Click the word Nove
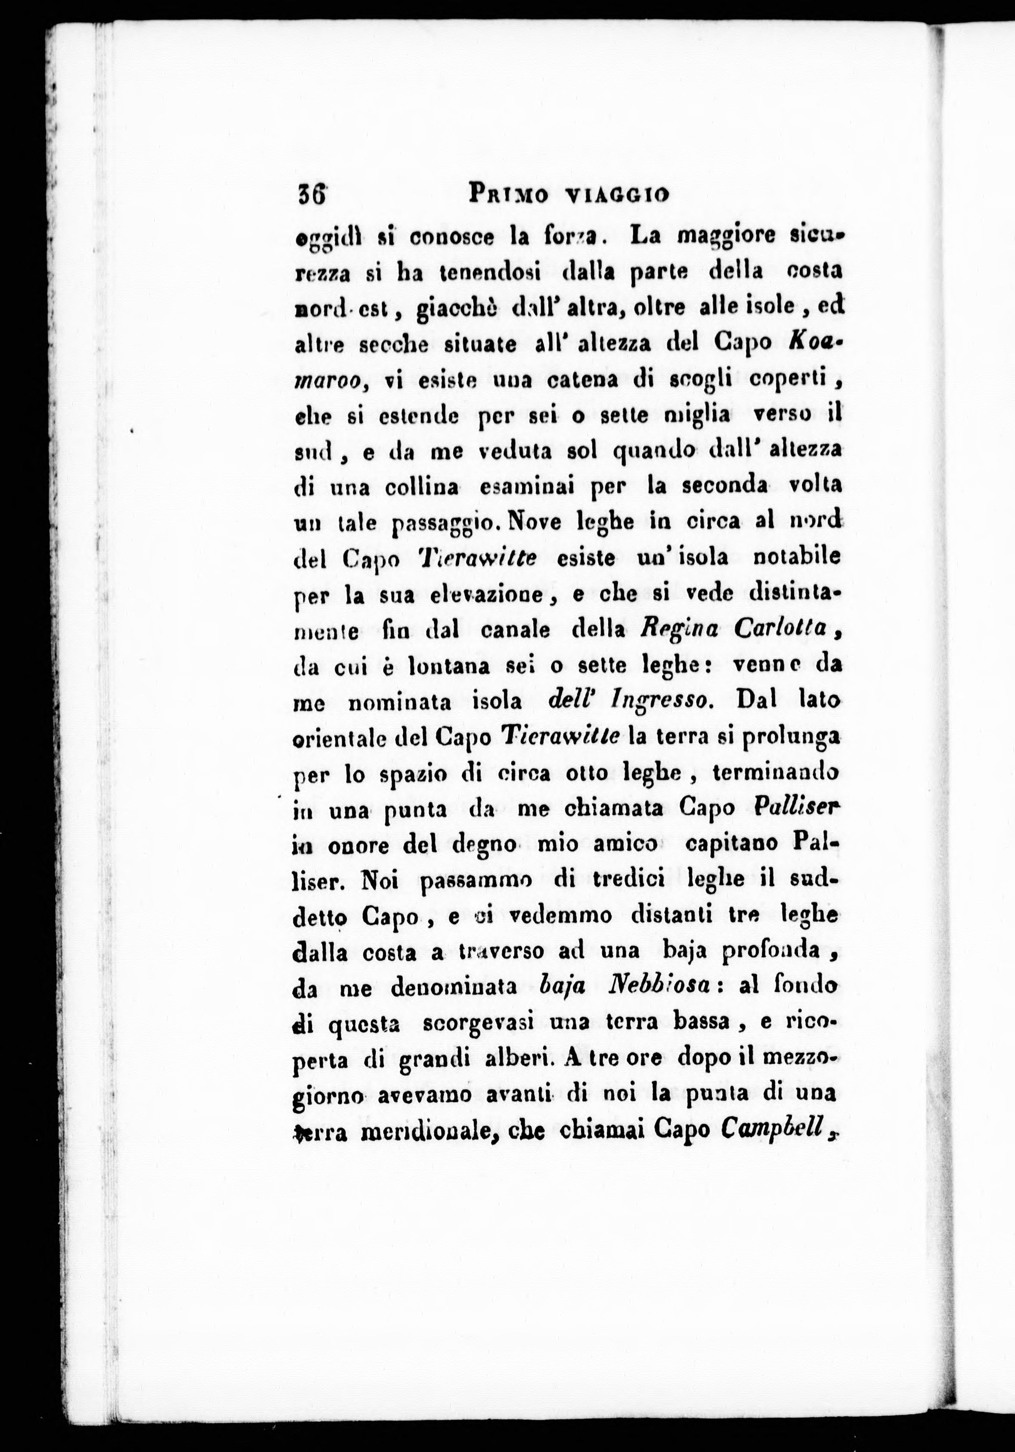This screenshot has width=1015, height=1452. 535,522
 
